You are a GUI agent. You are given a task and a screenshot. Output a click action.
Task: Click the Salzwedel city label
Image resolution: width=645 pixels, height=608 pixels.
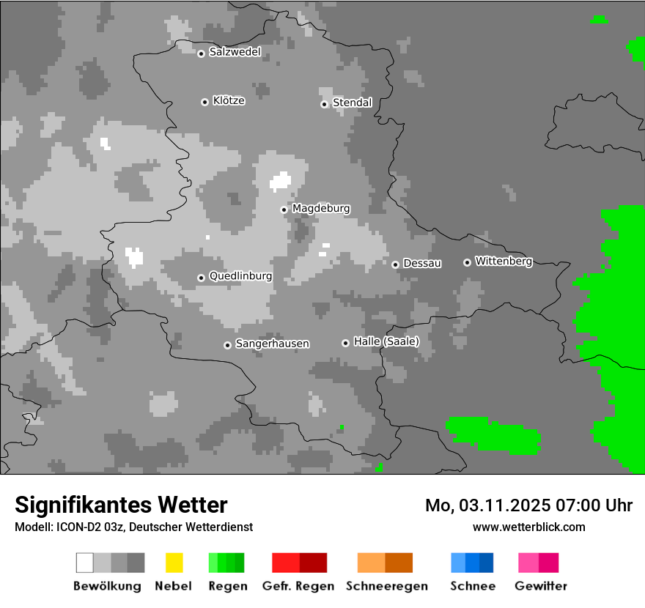pos(235,52)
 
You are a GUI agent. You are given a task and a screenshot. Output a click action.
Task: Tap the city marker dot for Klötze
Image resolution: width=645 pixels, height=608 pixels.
pos(204,102)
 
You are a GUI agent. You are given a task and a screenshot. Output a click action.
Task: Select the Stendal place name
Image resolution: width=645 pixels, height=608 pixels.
pos(352,103)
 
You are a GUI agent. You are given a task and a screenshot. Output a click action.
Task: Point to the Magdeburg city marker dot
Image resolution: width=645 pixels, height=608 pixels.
pos(284,210)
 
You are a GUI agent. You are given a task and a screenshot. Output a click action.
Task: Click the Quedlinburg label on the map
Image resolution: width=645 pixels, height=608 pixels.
pos(240,276)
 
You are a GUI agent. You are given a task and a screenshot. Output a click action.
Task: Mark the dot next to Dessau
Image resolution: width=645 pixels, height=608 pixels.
pos(395,264)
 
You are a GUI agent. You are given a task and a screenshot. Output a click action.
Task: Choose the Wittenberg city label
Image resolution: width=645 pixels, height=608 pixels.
pos(504,261)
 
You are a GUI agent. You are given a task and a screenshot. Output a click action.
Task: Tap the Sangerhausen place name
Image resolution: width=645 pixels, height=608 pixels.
pos(272,344)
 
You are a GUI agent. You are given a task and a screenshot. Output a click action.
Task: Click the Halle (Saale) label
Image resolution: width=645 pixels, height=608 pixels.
pos(386,341)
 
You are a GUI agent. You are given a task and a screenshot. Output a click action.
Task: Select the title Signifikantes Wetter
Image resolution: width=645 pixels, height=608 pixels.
pos(121,505)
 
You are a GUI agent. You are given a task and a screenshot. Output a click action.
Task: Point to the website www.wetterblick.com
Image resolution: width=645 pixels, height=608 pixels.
pos(528,527)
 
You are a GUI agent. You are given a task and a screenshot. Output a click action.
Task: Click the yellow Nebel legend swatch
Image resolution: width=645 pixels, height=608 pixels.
pos(174,563)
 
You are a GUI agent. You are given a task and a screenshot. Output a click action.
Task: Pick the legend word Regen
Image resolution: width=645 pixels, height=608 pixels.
pos(227,586)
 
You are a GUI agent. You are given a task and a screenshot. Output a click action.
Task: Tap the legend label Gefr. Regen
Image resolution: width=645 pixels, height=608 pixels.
pos(298,586)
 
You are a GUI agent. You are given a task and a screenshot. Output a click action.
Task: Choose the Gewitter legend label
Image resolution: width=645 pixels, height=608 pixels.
pos(540,586)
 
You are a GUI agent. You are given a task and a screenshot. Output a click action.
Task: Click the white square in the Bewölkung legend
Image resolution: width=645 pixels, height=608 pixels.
pos(85,563)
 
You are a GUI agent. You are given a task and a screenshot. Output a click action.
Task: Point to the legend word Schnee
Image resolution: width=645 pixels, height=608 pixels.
pos(472,586)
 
